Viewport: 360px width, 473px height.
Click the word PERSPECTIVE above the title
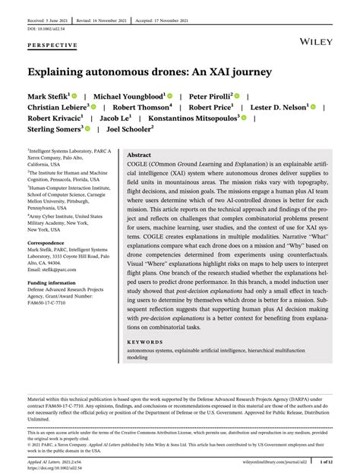[x=52, y=45]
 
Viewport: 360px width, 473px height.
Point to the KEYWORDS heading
[x=145, y=342]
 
